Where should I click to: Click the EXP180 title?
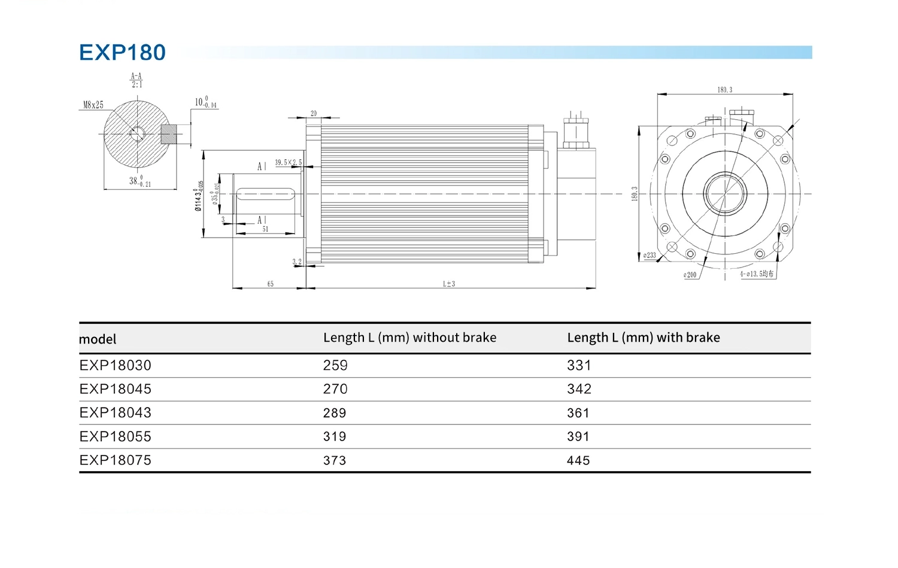click(122, 53)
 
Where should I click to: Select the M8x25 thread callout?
click(93, 105)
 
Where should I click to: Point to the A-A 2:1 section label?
click(136, 80)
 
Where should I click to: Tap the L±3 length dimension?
click(449, 284)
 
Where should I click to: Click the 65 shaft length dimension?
click(271, 284)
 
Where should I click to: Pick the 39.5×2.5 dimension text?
click(288, 162)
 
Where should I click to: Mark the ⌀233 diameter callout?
click(650, 256)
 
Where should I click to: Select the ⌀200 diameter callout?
click(690, 275)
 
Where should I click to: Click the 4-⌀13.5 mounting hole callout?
click(757, 274)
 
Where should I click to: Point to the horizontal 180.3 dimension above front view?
click(724, 90)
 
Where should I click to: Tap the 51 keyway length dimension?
click(265, 229)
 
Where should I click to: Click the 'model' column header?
click(98, 339)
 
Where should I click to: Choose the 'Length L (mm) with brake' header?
click(643, 338)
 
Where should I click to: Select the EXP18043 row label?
click(116, 413)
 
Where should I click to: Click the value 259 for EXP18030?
click(335, 366)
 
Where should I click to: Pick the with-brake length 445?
click(578, 461)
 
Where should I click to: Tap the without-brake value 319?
click(335, 437)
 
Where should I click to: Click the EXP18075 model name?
click(116, 460)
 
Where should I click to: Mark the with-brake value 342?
click(579, 389)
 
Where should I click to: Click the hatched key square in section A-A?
click(169, 134)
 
